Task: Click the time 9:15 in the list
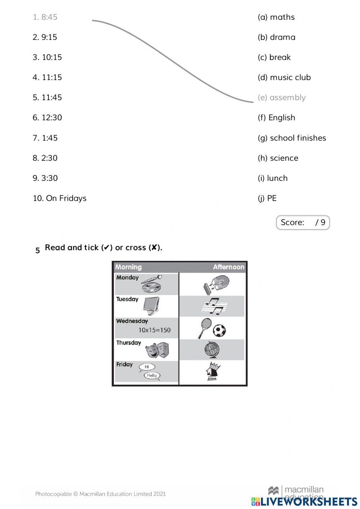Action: (49, 37)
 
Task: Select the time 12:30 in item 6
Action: (51, 117)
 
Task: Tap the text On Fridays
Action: (66, 198)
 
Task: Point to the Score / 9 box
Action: (303, 222)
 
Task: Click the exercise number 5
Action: (37, 250)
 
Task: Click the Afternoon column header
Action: (228, 267)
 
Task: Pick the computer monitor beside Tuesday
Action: (151, 305)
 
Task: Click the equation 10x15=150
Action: (154, 330)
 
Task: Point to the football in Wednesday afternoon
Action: (219, 330)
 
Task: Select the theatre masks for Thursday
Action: (157, 350)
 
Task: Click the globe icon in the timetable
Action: (212, 349)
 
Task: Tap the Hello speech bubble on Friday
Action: (152, 375)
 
